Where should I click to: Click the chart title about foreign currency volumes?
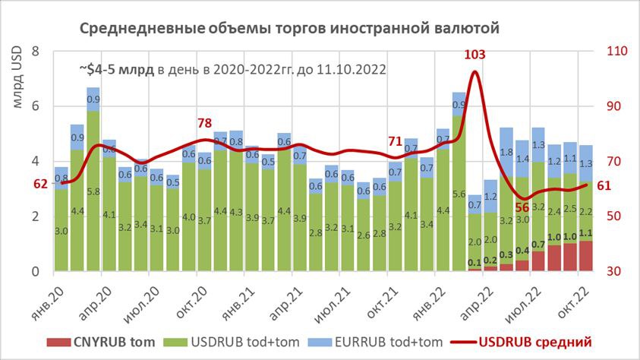pos(289,29)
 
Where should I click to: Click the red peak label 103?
pos(475,55)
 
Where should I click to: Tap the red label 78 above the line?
pos(204,124)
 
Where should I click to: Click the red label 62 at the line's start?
pos(41,183)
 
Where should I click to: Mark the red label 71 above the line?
pos(396,141)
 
